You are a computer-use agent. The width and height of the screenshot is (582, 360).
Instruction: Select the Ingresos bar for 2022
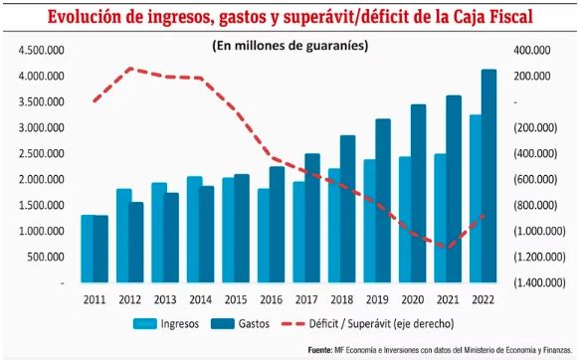(x=476, y=199)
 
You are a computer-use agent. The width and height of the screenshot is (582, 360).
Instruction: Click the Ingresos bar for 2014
(x=195, y=230)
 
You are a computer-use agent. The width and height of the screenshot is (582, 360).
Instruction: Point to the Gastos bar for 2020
(x=418, y=194)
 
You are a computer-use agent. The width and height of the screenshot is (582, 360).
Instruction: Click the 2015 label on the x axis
(x=235, y=297)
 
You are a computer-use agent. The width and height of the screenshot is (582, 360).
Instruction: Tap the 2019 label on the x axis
(x=376, y=297)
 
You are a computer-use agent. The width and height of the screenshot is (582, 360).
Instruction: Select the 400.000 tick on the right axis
(x=526, y=51)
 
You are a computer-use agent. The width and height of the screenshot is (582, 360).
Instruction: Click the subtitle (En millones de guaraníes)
(x=291, y=45)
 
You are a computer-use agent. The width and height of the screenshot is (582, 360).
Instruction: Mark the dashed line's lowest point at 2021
(x=448, y=248)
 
